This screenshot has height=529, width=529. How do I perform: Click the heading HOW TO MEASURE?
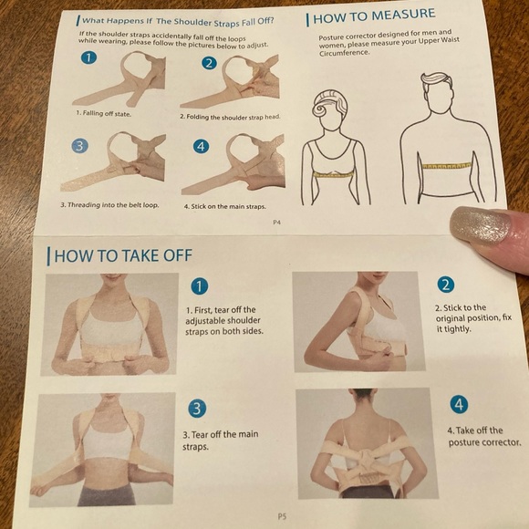[x=374, y=16]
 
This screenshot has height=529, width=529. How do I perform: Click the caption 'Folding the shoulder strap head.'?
[x=230, y=117]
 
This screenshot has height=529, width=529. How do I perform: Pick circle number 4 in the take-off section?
[x=461, y=404]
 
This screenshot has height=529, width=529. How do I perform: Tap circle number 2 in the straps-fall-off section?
[x=209, y=63]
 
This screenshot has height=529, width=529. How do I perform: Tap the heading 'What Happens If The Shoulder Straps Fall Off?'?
[x=177, y=18]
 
